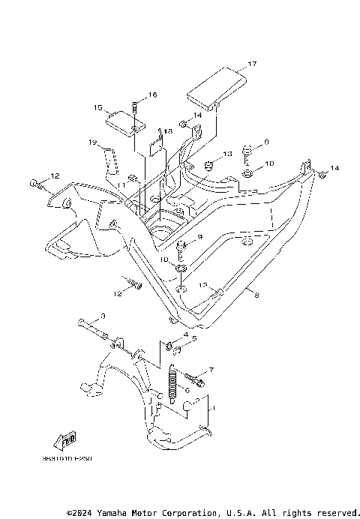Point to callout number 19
click(x=93, y=142)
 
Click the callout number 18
click(x=167, y=130)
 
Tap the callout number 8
click(x=256, y=295)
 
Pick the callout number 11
click(x=120, y=184)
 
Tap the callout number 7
click(x=211, y=370)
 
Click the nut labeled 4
click(x=172, y=346)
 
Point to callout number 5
click(x=195, y=339)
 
